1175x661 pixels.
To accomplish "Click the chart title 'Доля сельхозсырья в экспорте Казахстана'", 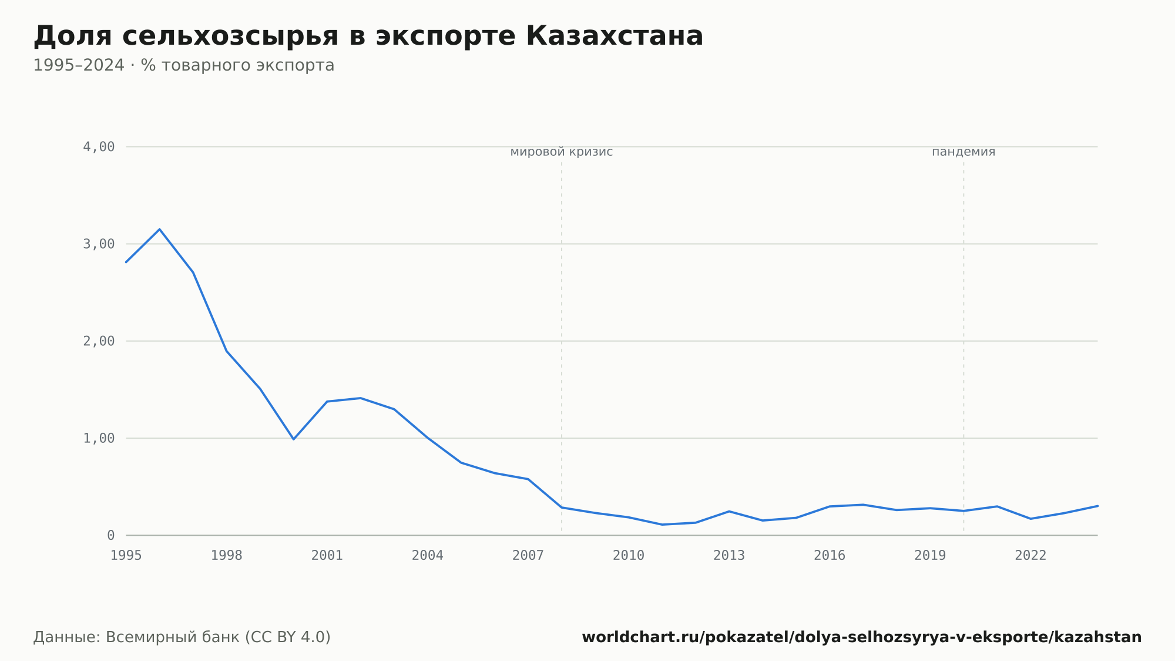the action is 368,36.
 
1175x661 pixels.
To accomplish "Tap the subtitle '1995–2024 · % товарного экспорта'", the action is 184,65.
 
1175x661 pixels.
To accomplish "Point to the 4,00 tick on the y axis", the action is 99,147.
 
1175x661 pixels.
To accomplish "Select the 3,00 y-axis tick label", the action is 99,244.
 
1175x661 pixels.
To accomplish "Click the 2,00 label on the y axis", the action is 99,341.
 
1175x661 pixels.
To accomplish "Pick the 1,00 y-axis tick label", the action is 99,438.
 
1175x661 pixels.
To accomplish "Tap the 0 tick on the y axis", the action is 110,536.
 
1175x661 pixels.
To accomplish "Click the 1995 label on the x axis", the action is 126,556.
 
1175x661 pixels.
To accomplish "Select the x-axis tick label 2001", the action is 327,556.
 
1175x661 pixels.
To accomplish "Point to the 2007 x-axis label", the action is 528,556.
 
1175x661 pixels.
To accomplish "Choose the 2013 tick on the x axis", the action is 729,556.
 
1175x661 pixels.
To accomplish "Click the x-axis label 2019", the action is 930,556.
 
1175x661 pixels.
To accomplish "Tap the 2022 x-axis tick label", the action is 1030,556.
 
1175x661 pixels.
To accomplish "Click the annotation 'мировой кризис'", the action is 562,152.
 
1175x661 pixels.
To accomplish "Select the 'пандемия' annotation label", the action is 963,152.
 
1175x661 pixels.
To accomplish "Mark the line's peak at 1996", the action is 160,229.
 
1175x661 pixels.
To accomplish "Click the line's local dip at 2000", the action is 294,439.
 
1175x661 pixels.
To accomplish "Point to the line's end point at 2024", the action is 1097,506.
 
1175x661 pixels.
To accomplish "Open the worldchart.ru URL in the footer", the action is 862,637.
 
